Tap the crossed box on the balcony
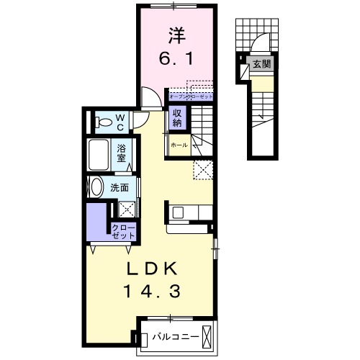(207, 336)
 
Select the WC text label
(120, 122)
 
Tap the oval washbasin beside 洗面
(95, 188)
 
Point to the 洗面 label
(120, 188)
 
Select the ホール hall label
(179, 145)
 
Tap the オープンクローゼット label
(191, 96)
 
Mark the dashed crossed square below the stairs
(203, 171)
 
